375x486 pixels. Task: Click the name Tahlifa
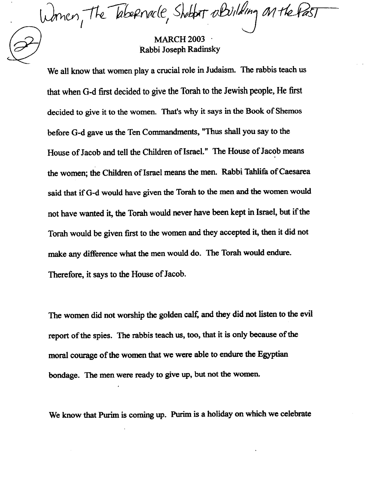[x=258, y=172]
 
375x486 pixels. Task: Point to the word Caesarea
[x=294, y=172]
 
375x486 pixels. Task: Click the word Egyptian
[x=273, y=355]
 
